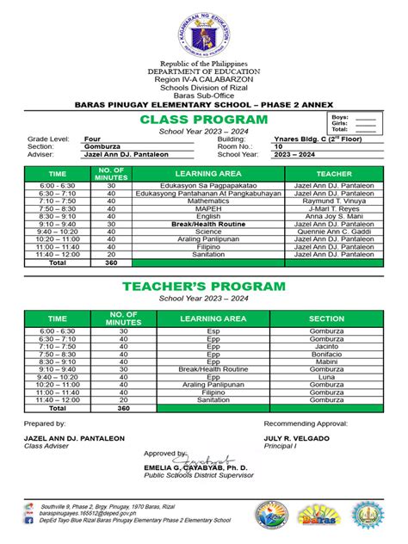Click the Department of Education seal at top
tap(203, 33)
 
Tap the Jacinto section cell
tap(326, 346)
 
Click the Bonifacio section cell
tap(326, 354)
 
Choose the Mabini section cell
tap(326, 362)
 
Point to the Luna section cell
tap(326, 377)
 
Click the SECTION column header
tap(326, 318)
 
